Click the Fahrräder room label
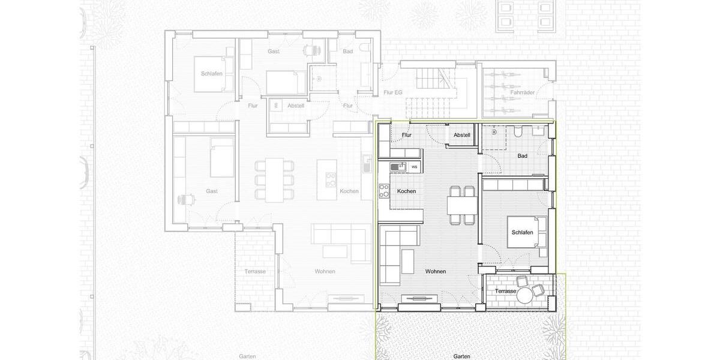pyautogui.click(x=523, y=92)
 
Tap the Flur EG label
pyautogui.click(x=392, y=92)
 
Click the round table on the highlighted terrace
pyautogui.click(x=525, y=295)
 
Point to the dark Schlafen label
pyautogui.click(x=522, y=232)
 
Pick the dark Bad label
pyautogui.click(x=522, y=156)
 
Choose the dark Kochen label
pyautogui.click(x=406, y=191)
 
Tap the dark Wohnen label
pyautogui.click(x=435, y=271)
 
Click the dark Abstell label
pyautogui.click(x=461, y=135)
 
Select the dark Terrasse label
pyautogui.click(x=505, y=291)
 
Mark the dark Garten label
pyautogui.click(x=461, y=356)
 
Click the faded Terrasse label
pyautogui.click(x=255, y=271)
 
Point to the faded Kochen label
pyautogui.click(x=349, y=191)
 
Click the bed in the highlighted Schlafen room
pyautogui.click(x=527, y=232)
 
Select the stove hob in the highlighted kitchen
pyautogui.click(x=383, y=191)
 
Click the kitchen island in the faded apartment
pyautogui.click(x=327, y=179)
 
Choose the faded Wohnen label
pyautogui.click(x=325, y=271)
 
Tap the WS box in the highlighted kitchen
pyautogui.click(x=414, y=166)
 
